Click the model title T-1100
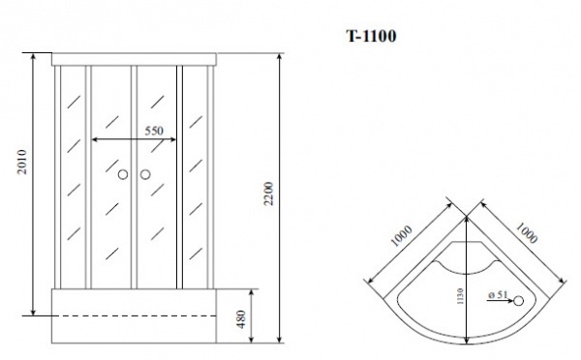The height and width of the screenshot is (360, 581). coord(371,36)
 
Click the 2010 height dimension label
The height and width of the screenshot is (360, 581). coord(22,162)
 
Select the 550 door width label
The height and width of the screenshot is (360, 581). coord(154,131)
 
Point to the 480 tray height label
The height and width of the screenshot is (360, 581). coord(241,319)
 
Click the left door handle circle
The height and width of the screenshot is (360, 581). coord(123,174)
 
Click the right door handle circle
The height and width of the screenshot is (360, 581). coord(145,174)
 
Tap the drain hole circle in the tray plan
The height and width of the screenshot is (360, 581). coord(518,301)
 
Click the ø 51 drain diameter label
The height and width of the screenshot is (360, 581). coord(498,295)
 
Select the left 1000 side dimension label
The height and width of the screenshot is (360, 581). coord(401,236)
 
